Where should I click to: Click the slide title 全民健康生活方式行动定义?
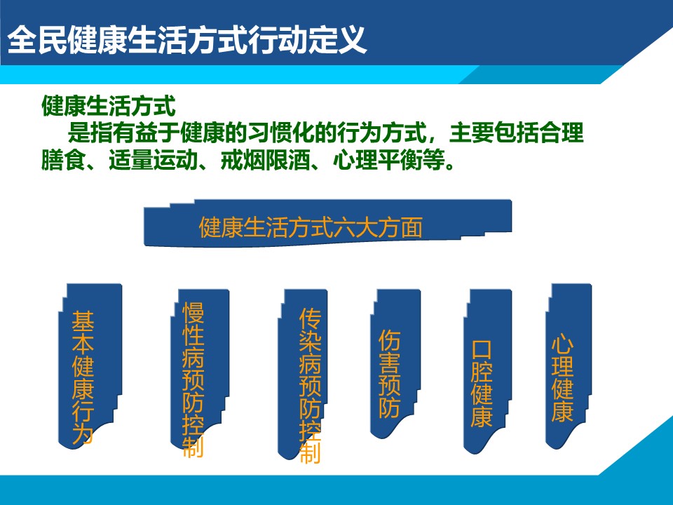[187, 39]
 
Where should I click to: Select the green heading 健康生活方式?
[109, 106]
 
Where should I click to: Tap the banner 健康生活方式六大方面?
[327, 223]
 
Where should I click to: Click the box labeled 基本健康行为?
[90, 366]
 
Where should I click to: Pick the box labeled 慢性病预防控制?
[200, 374]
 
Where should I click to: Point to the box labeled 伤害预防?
[395, 364]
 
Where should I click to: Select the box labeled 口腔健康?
[488, 371]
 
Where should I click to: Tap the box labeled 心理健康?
[569, 366]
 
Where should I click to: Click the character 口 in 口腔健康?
[482, 349]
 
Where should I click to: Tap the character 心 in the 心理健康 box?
[562, 344]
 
